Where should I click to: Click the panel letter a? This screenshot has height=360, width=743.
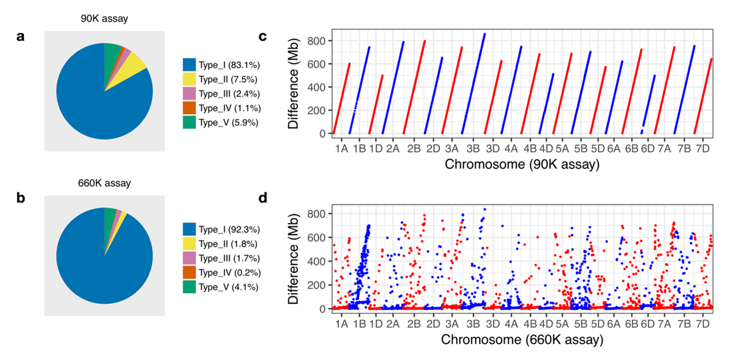click(x=21, y=37)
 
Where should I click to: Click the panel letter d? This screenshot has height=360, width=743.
click(x=263, y=198)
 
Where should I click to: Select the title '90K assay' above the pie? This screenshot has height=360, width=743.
click(x=104, y=19)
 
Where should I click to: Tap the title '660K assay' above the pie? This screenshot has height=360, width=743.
click(x=104, y=183)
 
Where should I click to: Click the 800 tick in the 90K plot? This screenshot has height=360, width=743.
click(x=317, y=40)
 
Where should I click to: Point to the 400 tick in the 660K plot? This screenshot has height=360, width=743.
click(x=317, y=261)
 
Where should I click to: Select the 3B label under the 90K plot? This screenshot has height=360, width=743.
click(x=473, y=149)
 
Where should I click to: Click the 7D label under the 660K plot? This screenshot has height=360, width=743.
click(x=702, y=324)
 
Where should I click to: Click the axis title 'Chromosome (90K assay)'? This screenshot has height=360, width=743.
click(x=522, y=164)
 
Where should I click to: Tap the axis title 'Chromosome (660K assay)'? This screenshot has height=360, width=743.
click(x=522, y=340)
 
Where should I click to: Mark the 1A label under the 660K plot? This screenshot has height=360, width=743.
click(x=342, y=324)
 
